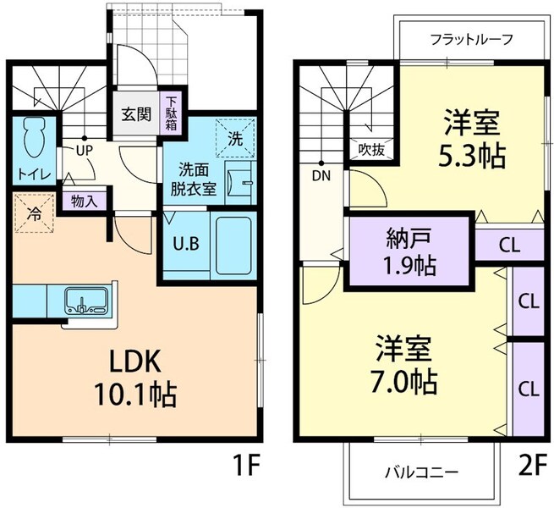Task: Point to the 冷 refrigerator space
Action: pos(32,214)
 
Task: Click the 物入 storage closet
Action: pos(84,202)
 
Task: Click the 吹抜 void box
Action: pos(370,150)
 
